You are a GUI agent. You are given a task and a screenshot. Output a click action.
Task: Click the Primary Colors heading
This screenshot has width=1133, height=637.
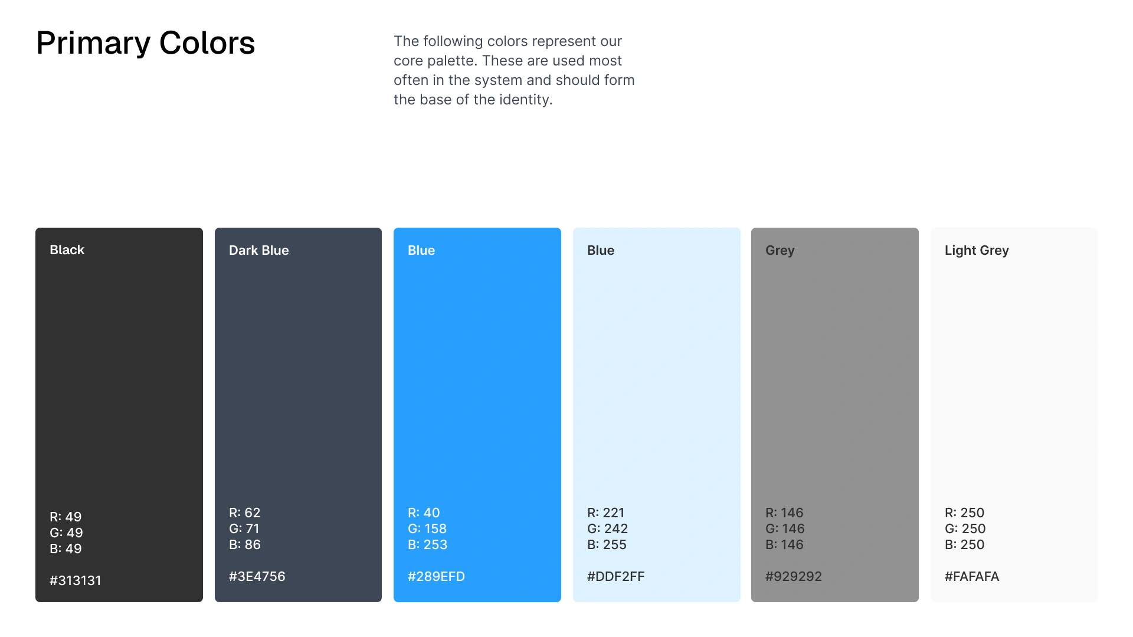145,43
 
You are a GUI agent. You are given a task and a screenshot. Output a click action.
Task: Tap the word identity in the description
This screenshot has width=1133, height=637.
526,100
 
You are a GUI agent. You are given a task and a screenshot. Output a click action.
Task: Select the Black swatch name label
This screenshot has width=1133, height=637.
67,250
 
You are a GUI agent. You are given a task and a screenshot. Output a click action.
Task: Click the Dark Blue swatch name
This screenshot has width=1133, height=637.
259,250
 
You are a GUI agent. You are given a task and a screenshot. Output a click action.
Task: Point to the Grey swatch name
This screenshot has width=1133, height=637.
780,251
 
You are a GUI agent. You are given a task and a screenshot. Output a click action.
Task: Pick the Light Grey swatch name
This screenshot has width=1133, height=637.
977,251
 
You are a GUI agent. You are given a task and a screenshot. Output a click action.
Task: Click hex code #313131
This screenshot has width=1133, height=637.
76,580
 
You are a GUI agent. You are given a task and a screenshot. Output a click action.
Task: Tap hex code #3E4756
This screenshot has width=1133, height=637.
257,576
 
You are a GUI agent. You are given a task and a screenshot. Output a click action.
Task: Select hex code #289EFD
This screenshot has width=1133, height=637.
437,576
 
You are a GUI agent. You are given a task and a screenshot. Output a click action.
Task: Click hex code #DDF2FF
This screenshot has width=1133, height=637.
616,576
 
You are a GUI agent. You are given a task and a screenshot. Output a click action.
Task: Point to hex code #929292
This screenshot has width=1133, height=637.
794,576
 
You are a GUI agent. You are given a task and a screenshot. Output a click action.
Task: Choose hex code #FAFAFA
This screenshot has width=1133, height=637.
972,576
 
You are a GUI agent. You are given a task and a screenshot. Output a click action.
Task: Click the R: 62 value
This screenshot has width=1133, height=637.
245,513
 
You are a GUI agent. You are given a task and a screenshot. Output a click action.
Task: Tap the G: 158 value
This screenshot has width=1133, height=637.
427,528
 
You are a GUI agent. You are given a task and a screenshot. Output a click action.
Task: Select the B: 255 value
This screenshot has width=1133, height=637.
607,544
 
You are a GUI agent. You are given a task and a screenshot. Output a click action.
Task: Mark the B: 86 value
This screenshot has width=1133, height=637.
245,544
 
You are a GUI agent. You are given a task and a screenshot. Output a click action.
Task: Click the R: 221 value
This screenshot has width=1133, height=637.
606,513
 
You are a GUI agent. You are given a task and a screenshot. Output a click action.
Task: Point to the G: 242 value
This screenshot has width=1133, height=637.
608,528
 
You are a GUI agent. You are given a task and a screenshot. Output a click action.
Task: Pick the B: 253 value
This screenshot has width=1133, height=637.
428,544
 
